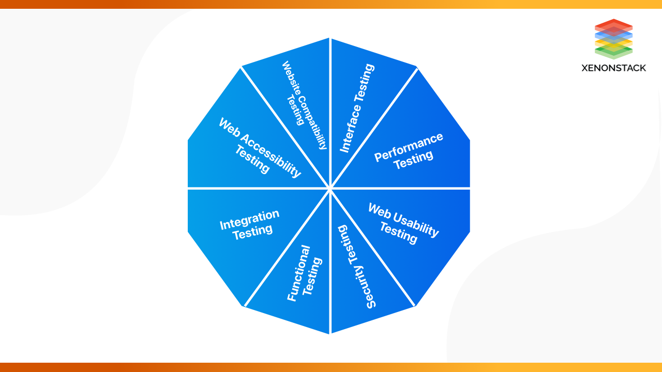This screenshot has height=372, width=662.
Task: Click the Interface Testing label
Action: pos(357,108)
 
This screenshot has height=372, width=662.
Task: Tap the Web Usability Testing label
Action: pos(403,223)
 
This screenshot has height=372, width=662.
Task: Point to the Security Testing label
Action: pos(356,267)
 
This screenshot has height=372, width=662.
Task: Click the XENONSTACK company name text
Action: pos(613,68)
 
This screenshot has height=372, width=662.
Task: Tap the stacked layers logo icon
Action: pos(613,39)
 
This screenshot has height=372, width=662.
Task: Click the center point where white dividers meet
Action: pos(329,188)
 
